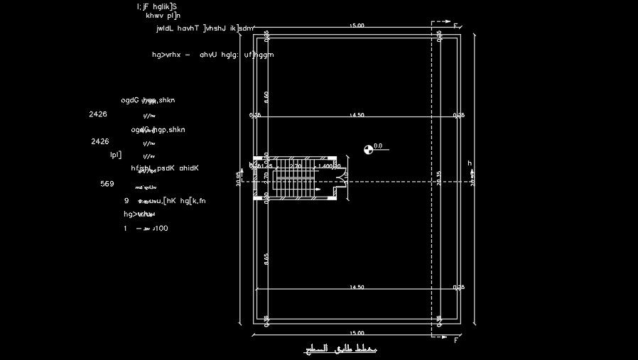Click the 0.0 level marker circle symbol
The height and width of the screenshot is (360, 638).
coord(368,149)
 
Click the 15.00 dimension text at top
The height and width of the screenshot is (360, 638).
coord(357,26)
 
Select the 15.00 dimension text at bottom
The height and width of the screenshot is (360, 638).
coord(357,332)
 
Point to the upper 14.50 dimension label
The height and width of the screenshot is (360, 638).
coord(357,115)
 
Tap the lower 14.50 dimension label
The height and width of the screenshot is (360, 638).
coord(357,287)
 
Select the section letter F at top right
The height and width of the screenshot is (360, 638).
coord(456,26)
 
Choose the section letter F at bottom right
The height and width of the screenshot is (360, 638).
coord(456,340)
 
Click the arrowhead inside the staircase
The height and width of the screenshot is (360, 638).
coord(318,190)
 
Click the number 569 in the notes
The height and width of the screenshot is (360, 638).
coord(107,184)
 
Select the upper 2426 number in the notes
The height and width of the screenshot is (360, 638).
coord(98,114)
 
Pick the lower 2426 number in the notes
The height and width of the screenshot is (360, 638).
coord(100,142)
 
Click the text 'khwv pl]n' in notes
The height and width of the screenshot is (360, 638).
coord(163,15)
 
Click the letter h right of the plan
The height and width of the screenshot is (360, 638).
coord(470,163)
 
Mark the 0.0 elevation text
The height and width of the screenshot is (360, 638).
coord(378,146)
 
